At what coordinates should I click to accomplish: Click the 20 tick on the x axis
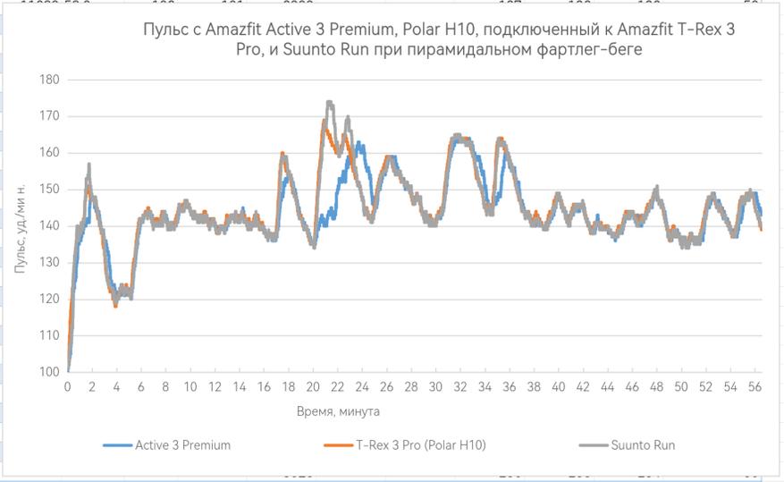pos(313,386)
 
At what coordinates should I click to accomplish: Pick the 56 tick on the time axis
pos(754,386)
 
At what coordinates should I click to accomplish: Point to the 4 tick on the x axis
pos(116,386)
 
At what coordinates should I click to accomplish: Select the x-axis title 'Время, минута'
pos(338,411)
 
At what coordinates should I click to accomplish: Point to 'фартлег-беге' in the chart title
pos(597,50)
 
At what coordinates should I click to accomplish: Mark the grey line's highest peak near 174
pos(330,103)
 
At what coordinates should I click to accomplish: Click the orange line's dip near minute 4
pos(115,306)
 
